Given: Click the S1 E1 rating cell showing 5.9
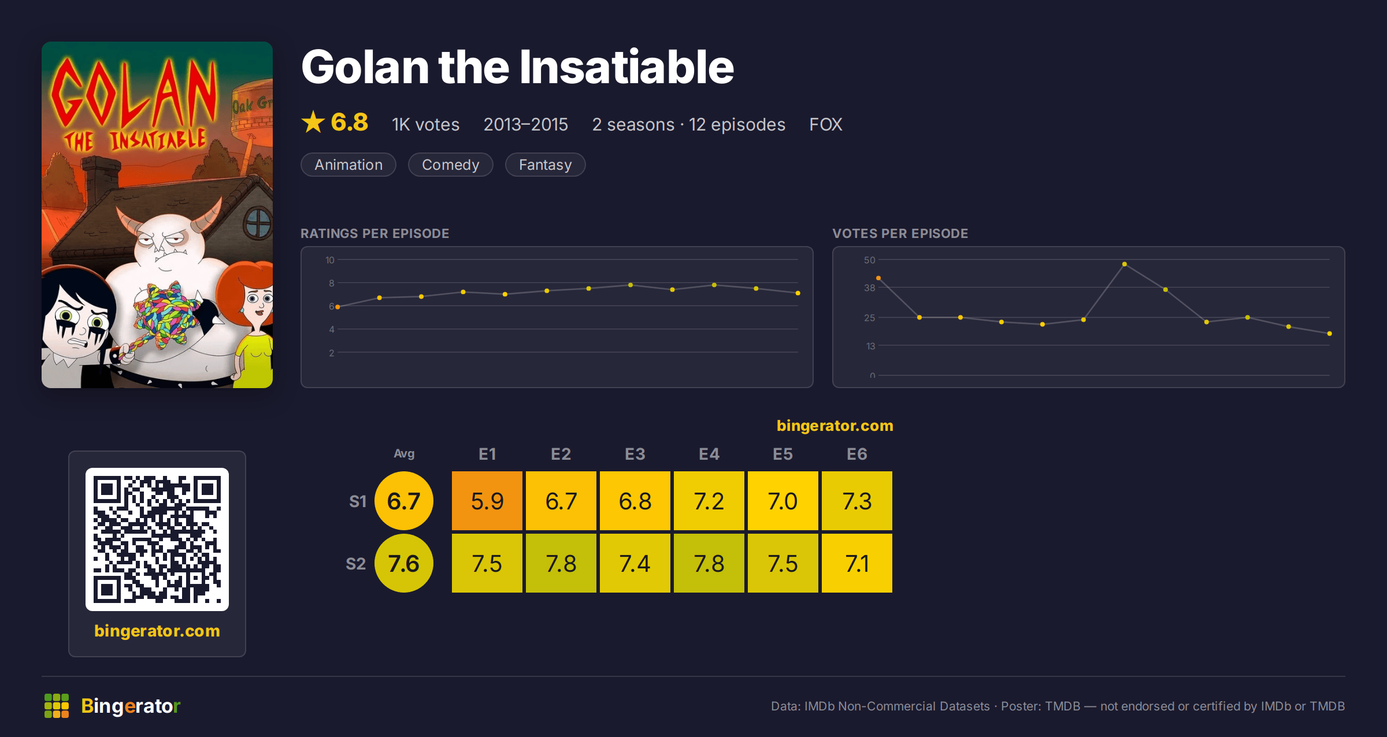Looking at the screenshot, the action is click(487, 501).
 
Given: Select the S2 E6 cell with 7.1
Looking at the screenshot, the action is click(857, 563).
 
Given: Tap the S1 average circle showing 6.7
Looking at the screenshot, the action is click(404, 501).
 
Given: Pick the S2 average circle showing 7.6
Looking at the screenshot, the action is click(404, 563).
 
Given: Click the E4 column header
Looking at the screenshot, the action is click(709, 454).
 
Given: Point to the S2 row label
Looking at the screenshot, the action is click(355, 564).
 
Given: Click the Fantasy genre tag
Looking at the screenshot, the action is click(545, 165).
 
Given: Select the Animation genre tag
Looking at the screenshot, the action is click(348, 165).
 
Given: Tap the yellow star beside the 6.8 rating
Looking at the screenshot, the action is click(313, 122).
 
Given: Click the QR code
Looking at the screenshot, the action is click(157, 539).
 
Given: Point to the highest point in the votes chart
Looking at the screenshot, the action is click(1124, 264).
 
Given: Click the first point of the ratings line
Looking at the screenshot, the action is click(338, 307).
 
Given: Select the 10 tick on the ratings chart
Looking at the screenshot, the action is click(330, 260).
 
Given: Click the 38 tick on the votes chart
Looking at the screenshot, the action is click(870, 288).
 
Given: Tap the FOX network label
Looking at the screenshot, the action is click(825, 124).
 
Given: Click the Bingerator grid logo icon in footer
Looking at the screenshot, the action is click(57, 706).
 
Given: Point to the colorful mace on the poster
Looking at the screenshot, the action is click(165, 315).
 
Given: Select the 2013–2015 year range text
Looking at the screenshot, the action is click(526, 124).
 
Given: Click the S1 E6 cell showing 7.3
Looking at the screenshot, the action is click(857, 501).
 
